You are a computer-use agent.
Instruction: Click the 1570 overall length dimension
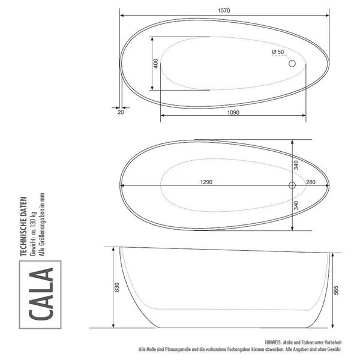pos(224,10)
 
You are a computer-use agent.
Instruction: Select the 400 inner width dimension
pos(156,63)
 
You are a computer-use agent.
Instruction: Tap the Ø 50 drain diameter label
pos(278,52)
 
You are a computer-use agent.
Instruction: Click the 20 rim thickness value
pos(121,112)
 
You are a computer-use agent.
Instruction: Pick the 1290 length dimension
pos(206,182)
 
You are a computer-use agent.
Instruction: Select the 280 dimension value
pos(311,182)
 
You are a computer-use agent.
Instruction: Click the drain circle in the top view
pos(293,63)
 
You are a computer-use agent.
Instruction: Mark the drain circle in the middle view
pos(292,185)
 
